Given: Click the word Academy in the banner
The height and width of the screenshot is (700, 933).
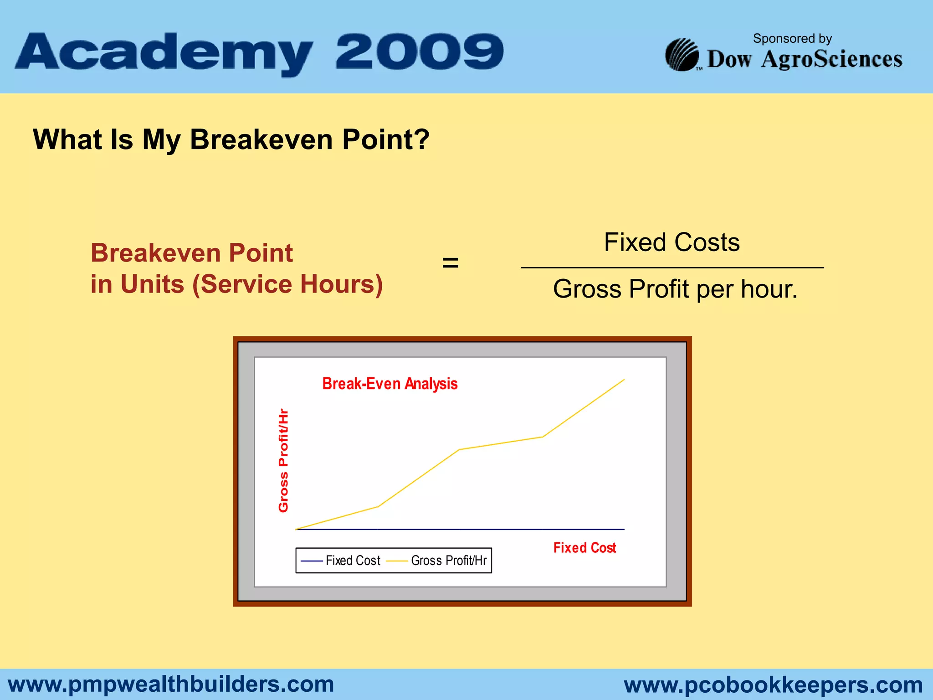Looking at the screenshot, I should (x=164, y=52).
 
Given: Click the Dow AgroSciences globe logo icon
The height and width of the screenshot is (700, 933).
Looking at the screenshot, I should (x=682, y=55).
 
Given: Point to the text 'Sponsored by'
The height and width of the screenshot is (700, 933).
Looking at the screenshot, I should (x=792, y=38).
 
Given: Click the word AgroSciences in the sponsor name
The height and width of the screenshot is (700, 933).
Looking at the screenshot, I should (x=831, y=59).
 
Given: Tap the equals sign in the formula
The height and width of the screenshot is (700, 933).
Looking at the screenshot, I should (x=450, y=263).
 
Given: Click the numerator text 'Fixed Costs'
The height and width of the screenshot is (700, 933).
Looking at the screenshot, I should (x=672, y=242).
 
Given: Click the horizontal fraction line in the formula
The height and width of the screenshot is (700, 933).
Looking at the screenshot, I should (x=672, y=268).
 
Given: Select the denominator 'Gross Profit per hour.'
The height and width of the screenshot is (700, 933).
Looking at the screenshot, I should (x=675, y=289).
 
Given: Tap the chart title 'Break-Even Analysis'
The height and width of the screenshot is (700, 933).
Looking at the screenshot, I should (x=390, y=384).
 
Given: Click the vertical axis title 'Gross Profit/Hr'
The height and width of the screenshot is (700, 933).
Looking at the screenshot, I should (x=283, y=460).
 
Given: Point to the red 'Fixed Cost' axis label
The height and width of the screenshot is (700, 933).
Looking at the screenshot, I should (x=584, y=547).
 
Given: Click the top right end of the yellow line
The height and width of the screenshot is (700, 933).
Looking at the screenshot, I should (x=623, y=380).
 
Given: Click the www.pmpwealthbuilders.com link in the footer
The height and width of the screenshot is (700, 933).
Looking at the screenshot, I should (x=171, y=684).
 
